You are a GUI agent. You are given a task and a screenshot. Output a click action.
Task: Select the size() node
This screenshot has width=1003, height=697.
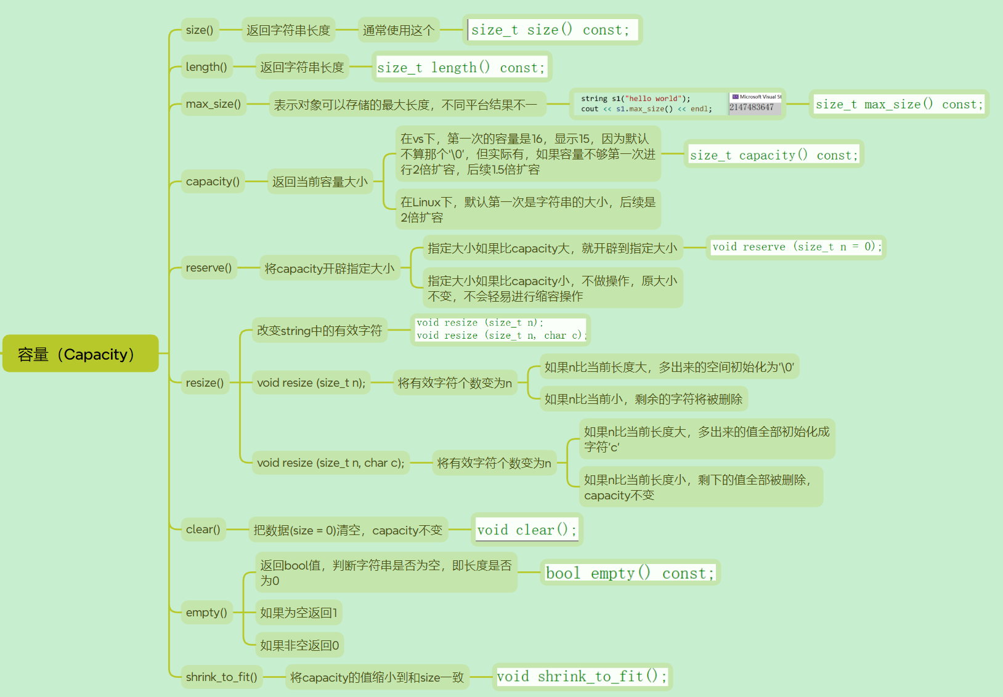pyautogui.click(x=200, y=30)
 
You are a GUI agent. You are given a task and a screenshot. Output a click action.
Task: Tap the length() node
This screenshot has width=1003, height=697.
pyautogui.click(x=206, y=66)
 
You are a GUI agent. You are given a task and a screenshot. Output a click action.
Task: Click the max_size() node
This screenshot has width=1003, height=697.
pyautogui.click(x=213, y=104)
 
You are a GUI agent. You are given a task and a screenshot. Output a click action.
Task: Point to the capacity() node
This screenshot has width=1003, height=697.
pyautogui.click(x=213, y=182)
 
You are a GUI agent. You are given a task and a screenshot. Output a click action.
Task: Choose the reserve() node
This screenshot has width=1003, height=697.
pyautogui.click(x=209, y=268)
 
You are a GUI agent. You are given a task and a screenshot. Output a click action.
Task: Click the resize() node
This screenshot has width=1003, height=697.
pyautogui.click(x=205, y=382)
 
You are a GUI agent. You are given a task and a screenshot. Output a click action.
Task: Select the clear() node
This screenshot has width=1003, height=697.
pyautogui.click(x=203, y=530)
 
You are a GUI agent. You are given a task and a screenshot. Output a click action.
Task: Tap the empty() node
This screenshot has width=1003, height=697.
pyautogui.click(x=206, y=613)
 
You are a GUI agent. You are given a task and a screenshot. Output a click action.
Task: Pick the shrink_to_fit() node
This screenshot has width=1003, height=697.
pyautogui.click(x=221, y=677)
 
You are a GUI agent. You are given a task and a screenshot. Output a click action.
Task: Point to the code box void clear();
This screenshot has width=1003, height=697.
pyautogui.click(x=527, y=530)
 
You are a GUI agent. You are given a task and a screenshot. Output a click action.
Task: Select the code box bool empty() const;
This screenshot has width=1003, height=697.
pyautogui.click(x=630, y=573)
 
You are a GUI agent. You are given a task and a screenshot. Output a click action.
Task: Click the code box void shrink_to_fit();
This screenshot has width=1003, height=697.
pyautogui.click(x=582, y=677)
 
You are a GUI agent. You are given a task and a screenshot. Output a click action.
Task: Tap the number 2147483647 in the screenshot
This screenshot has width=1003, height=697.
pyautogui.click(x=752, y=107)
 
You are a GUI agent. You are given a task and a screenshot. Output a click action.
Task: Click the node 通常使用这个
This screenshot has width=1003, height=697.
pyautogui.click(x=399, y=30)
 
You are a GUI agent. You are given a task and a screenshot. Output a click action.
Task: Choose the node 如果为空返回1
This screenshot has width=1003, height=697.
pyautogui.click(x=299, y=613)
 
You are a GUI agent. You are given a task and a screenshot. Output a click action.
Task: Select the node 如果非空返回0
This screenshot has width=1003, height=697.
pyautogui.click(x=299, y=645)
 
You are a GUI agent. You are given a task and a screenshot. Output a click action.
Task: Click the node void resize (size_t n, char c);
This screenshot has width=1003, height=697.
pyautogui.click(x=331, y=463)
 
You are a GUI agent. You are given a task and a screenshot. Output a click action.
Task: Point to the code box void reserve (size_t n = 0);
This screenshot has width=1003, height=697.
pyautogui.click(x=797, y=247)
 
